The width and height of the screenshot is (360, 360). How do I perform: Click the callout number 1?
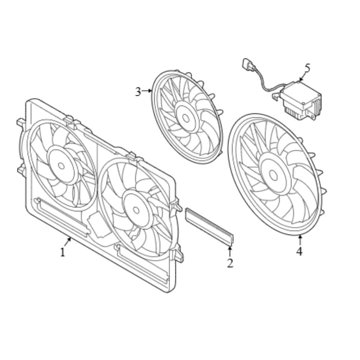tap(62, 252)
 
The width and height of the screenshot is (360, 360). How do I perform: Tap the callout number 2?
tap(230, 263)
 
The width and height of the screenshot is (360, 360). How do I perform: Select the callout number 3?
tap(138, 92)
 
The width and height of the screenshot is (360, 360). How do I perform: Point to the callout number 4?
tap(299, 251)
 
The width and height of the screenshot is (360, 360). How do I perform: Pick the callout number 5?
tap(307, 68)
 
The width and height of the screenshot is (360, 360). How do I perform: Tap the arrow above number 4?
tap(300, 240)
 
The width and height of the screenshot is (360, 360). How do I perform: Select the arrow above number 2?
tap(230, 251)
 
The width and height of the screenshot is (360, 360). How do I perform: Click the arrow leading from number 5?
tap(303, 76)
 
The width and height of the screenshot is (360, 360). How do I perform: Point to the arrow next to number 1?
tap(68, 242)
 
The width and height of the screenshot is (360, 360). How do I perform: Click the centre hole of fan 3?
tap(185, 118)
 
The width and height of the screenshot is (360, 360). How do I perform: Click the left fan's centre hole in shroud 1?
tap(61, 166)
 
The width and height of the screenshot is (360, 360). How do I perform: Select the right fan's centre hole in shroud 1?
tap(136, 210)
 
